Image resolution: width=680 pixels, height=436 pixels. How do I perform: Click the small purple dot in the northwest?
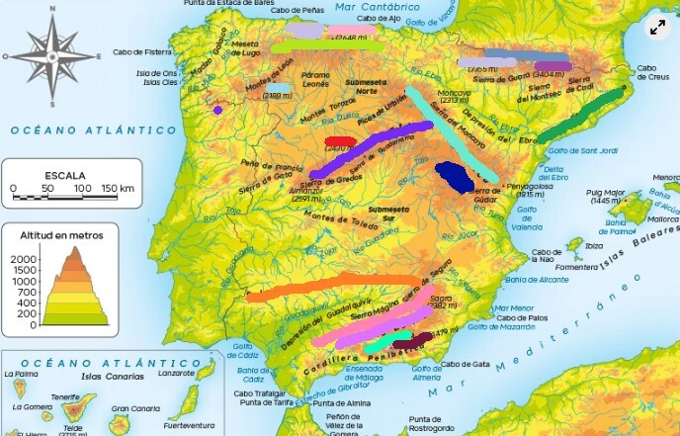click(216, 110)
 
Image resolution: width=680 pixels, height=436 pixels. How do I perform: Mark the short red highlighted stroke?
click(340, 142)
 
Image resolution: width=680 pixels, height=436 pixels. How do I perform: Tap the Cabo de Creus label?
click(653, 72)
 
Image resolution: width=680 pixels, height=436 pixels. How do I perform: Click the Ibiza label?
click(593, 245)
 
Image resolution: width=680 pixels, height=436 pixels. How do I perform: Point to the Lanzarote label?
click(177, 373)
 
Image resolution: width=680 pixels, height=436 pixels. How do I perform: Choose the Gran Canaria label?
click(135, 408)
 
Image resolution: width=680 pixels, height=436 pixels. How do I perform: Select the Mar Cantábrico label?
click(371, 7)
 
